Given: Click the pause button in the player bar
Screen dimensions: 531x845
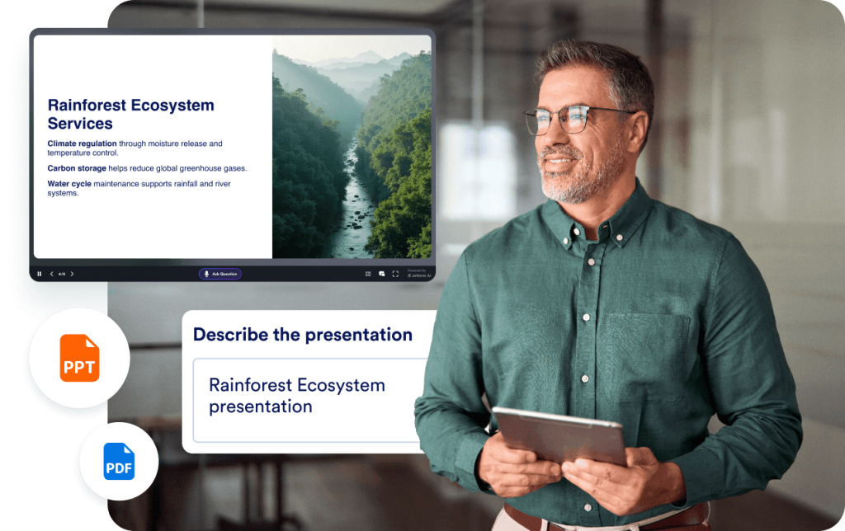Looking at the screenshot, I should (39, 274).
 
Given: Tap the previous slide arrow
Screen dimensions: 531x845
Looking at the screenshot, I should (51, 274).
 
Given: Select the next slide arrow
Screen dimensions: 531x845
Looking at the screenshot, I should (72, 274).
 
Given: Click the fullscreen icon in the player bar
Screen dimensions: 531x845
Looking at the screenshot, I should (395, 274).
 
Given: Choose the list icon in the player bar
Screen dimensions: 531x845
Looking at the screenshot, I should (368, 274).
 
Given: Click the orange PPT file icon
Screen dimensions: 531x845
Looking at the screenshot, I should (79, 358).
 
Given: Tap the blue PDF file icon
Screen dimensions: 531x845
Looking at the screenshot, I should (119, 462).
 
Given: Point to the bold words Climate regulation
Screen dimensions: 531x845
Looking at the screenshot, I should (82, 143).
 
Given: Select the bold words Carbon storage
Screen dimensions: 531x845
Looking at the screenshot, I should (77, 168).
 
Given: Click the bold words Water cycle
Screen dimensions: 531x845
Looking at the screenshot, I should (69, 184).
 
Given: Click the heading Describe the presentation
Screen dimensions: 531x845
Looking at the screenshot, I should (302, 335).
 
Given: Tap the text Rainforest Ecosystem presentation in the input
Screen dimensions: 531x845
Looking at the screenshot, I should (296, 396).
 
